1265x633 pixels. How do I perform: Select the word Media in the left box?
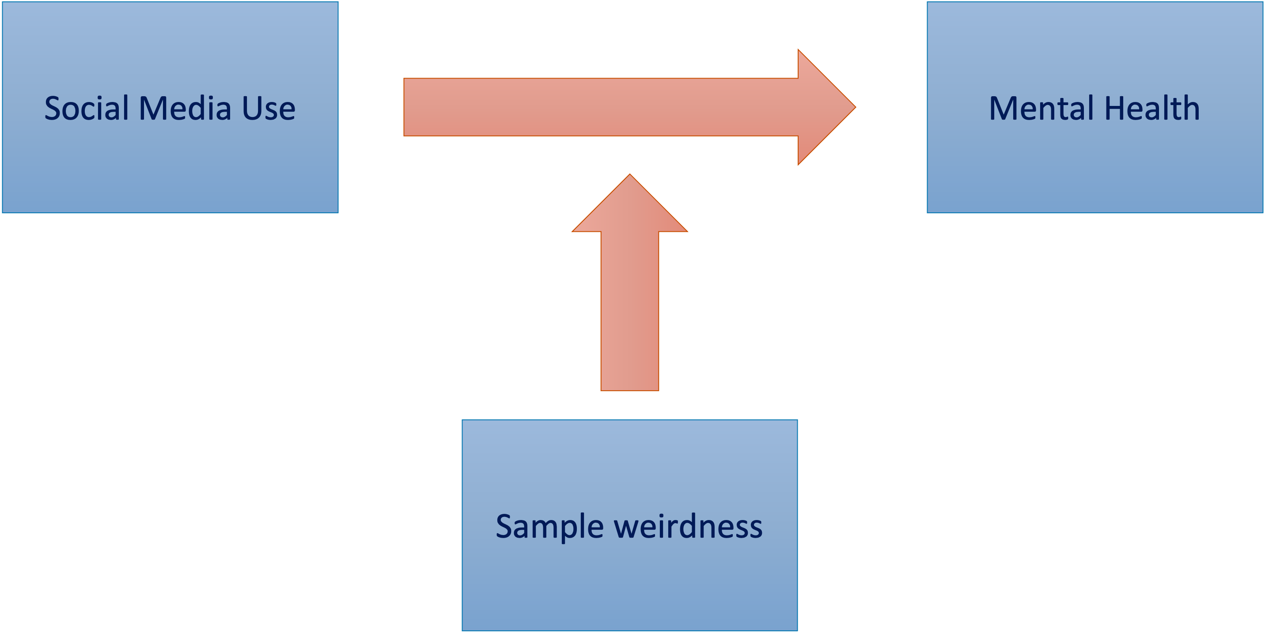pos(185,108)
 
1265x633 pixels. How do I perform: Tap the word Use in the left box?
pos(269,108)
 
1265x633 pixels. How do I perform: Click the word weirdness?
pos(689,526)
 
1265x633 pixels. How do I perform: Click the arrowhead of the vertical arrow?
pos(629,206)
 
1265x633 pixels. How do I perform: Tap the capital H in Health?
pos(1117,108)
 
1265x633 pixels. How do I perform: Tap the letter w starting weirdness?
pos(628,527)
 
